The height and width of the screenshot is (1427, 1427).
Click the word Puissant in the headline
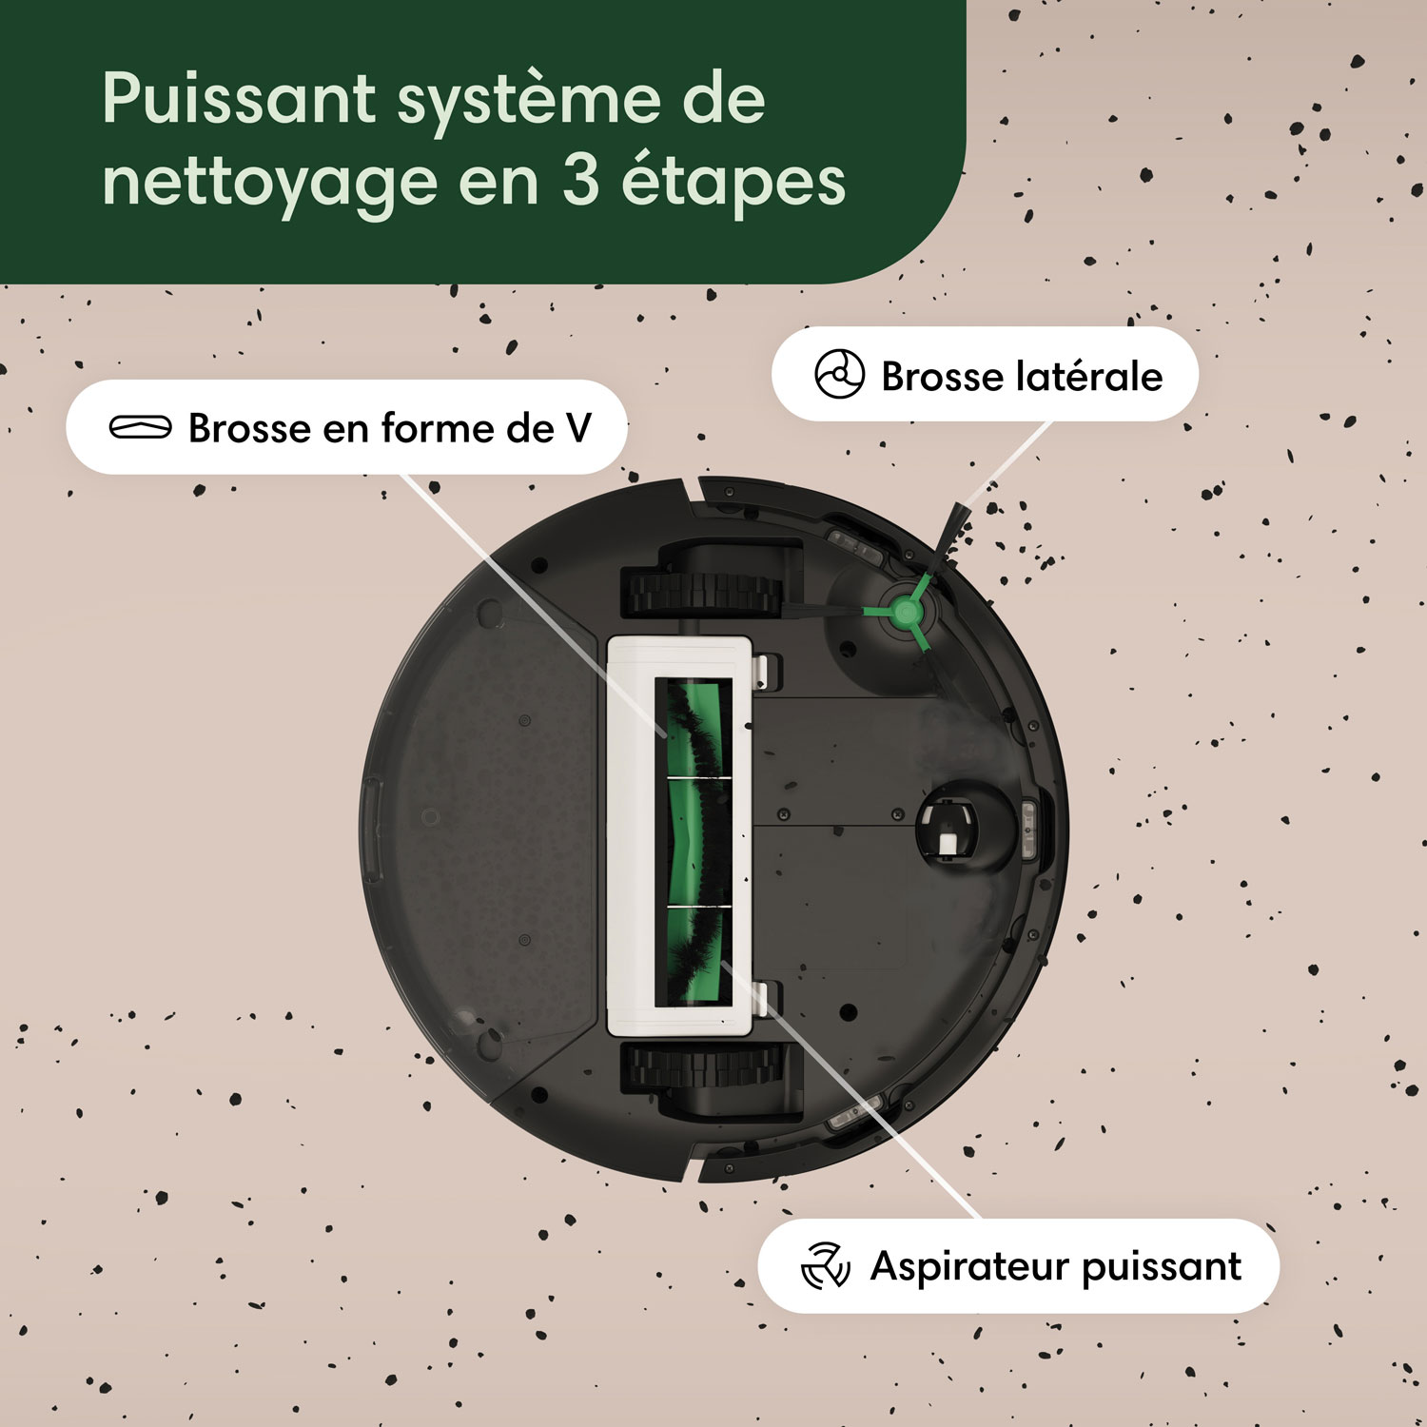pos(239,99)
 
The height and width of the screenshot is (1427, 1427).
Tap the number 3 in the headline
pos(580,181)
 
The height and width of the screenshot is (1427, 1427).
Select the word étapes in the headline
pos(733,183)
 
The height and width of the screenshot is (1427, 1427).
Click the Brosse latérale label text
pos(1021,377)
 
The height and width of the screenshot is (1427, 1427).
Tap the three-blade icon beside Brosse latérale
pos(839,374)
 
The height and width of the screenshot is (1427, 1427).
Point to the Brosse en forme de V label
pos(389,428)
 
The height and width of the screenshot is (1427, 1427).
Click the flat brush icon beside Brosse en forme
pos(141,427)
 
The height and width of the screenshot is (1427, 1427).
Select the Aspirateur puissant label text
pos(1055,1267)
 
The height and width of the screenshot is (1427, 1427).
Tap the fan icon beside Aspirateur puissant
pos(824,1266)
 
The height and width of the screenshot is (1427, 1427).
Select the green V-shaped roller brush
pos(692,841)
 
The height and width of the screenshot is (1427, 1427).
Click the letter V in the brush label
pos(577,428)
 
